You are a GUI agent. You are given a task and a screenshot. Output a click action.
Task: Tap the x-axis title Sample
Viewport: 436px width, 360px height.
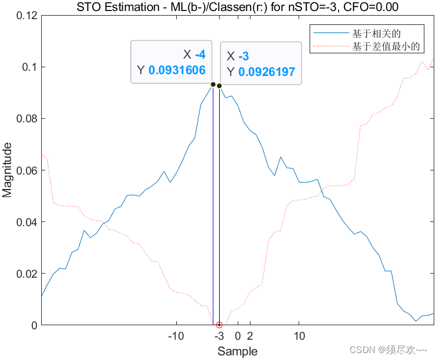point(237,351)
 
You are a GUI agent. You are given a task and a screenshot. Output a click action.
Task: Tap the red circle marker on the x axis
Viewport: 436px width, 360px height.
point(219,325)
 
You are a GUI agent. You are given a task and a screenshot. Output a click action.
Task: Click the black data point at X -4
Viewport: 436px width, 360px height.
point(213,84)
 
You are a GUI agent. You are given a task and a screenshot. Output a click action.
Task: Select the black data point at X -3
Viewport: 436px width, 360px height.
point(219,86)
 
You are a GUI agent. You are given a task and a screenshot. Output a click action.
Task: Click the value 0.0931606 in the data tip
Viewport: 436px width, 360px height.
point(177,71)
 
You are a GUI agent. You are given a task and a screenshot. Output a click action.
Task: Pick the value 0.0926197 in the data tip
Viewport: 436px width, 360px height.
point(267,72)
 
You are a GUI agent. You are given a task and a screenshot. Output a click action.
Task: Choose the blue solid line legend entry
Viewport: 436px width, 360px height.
point(331,33)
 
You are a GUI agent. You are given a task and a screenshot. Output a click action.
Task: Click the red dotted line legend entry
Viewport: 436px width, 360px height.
point(331,45)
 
